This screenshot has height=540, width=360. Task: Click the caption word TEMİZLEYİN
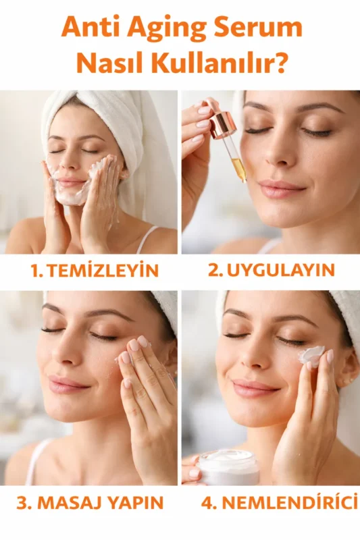click(x=103, y=271)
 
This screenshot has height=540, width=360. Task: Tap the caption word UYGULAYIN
click(x=280, y=270)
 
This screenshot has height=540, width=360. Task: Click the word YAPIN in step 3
click(x=134, y=503)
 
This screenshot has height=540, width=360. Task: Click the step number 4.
click(x=207, y=503)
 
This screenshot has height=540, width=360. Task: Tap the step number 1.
click(x=36, y=271)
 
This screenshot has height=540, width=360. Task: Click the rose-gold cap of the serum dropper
click(x=217, y=126)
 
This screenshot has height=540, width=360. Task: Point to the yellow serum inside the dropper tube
click(x=240, y=170)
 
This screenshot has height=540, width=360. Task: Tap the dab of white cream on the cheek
click(x=311, y=355)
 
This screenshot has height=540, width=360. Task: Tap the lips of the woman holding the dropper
click(x=282, y=190)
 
